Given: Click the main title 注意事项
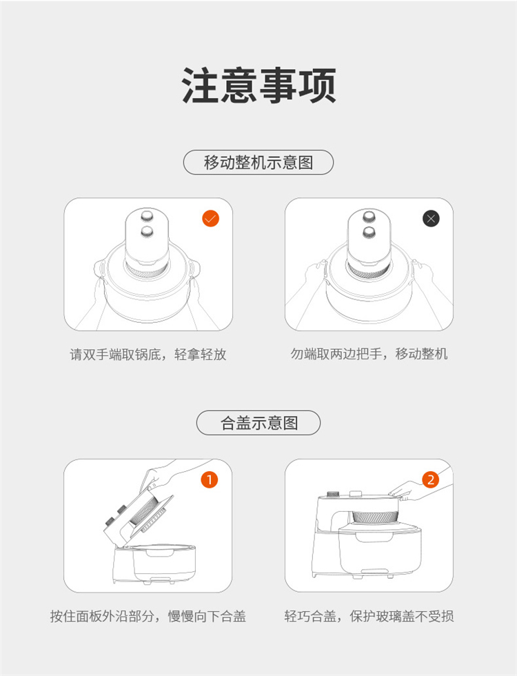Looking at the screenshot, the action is pyautogui.click(x=258, y=86).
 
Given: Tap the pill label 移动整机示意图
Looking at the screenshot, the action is pyautogui.click(x=258, y=162).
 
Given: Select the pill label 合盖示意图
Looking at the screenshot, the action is pyautogui.click(x=258, y=422).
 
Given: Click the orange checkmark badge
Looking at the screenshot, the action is pyautogui.click(x=211, y=219).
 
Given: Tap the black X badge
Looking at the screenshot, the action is pyautogui.click(x=432, y=219).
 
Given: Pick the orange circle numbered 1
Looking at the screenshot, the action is pyautogui.click(x=210, y=479).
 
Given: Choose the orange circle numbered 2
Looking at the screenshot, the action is pyautogui.click(x=431, y=479).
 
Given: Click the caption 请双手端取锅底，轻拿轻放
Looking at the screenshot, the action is pyautogui.click(x=148, y=355).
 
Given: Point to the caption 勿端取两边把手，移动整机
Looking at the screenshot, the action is pyautogui.click(x=369, y=354).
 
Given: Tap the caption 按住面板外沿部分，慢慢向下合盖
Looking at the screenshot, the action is pyautogui.click(x=148, y=616).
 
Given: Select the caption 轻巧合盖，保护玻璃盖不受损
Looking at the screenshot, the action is pyautogui.click(x=369, y=616).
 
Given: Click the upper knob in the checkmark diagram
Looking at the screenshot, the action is pyautogui.click(x=148, y=215).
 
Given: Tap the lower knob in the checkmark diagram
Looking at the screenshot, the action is pyautogui.click(x=148, y=232).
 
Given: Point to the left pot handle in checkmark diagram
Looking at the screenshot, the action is pyautogui.click(x=100, y=270).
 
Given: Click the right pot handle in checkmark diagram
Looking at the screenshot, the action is pyautogui.click(x=194, y=270).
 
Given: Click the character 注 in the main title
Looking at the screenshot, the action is pyautogui.click(x=200, y=86).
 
